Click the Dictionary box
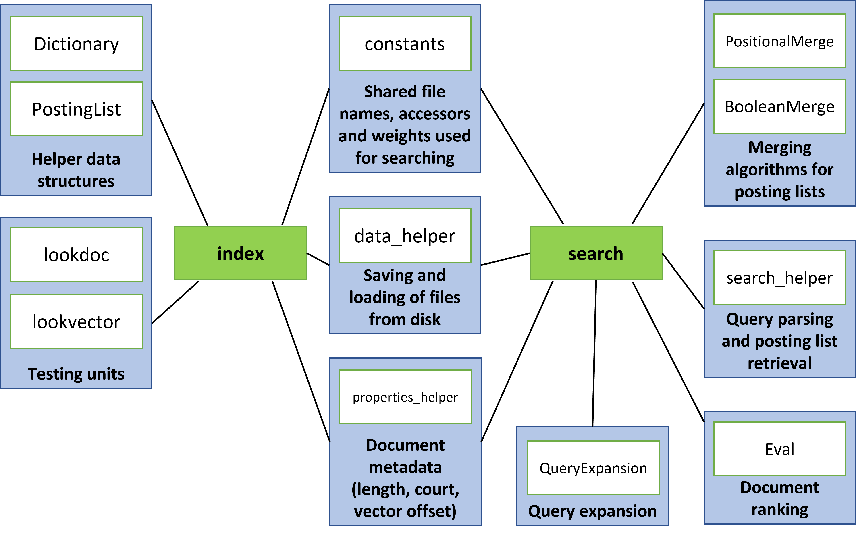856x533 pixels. (x=77, y=43)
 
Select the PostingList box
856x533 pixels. (x=77, y=109)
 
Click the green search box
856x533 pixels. (x=596, y=253)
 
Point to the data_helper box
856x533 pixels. (x=405, y=235)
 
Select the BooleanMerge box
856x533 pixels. (x=779, y=106)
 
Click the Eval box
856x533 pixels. (x=779, y=449)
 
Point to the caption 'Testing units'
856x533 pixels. (x=76, y=374)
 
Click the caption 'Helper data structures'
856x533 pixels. (x=76, y=170)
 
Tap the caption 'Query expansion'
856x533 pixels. (x=592, y=511)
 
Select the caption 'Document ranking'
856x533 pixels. (x=779, y=498)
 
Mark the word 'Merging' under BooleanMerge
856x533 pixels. (x=779, y=147)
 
